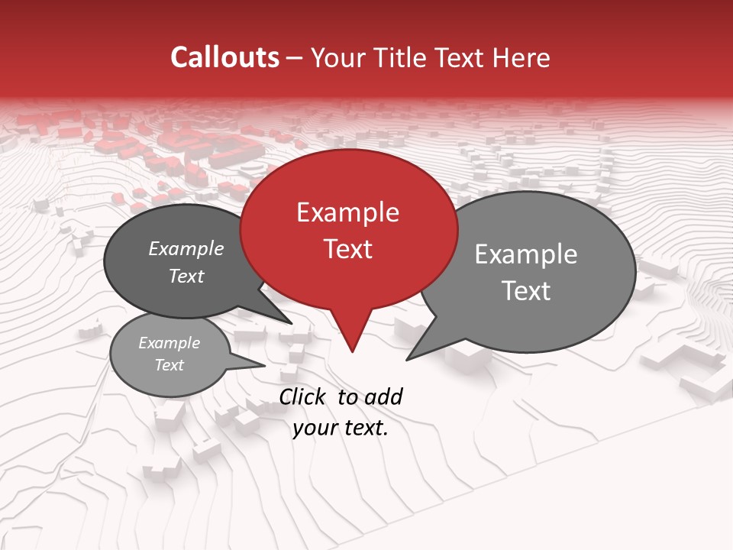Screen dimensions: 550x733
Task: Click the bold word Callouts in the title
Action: click(224, 57)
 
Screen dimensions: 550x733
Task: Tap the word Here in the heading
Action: click(521, 57)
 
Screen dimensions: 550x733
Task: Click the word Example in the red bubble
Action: click(347, 212)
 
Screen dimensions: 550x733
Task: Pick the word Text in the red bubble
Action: click(347, 249)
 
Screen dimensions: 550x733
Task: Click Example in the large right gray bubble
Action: click(526, 254)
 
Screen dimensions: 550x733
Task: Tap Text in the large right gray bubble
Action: click(526, 291)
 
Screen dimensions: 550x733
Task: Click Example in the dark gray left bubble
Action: click(186, 249)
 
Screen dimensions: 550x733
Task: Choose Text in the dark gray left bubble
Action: click(186, 277)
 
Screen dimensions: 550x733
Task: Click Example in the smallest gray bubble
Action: click(169, 343)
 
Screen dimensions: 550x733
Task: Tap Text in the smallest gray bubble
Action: click(169, 365)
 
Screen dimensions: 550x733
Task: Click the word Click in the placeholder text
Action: click(303, 396)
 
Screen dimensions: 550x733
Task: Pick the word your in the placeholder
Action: click(314, 428)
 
